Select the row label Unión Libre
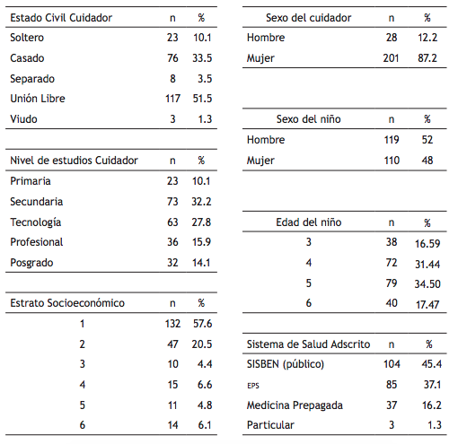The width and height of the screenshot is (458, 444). (x=38, y=98)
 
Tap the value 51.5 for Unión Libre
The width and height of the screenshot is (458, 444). (x=201, y=98)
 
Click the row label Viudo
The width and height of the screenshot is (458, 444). (x=23, y=118)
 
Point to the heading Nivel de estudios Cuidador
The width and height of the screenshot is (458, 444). (x=74, y=161)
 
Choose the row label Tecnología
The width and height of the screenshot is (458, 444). (x=36, y=222)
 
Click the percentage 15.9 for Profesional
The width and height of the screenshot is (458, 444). (x=201, y=242)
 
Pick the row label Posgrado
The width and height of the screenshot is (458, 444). (x=32, y=263)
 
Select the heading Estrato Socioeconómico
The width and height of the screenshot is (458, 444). (x=67, y=303)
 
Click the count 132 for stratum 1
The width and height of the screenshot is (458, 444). (x=172, y=324)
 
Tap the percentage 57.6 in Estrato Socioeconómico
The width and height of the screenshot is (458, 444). (x=201, y=324)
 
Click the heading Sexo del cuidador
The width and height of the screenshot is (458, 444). (x=308, y=18)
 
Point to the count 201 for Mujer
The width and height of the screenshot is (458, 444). (x=391, y=58)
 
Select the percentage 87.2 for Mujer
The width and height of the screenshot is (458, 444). (x=427, y=58)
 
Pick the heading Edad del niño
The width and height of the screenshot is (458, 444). (x=308, y=222)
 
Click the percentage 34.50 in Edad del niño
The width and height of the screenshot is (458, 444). (x=427, y=284)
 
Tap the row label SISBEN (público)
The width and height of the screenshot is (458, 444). (x=286, y=364)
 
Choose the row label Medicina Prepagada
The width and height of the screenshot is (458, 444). (x=295, y=405)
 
